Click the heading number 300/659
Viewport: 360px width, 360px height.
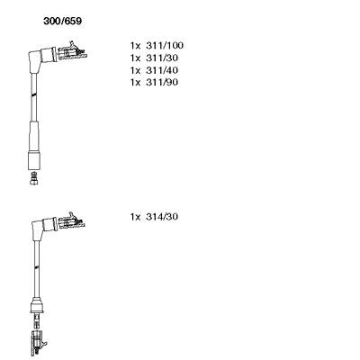tap(62, 22)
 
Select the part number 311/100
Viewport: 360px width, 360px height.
tap(165, 46)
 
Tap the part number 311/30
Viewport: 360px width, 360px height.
tap(162, 58)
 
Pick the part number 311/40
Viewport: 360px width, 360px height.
tap(162, 70)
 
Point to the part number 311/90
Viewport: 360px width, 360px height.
tap(162, 82)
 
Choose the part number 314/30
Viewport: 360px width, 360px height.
tap(162, 217)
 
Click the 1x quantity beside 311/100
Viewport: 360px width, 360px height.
tap(135, 46)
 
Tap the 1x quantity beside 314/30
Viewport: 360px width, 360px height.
tap(135, 217)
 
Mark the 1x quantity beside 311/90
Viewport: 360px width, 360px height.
tap(135, 82)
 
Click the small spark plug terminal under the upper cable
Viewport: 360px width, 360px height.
tap(34, 178)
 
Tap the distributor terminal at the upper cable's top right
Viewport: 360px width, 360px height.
tap(73, 51)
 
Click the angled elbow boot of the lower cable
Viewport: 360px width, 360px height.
tap(42, 227)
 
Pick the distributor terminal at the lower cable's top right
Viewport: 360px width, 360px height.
tap(72, 222)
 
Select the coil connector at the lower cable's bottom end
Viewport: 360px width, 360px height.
tap(38, 343)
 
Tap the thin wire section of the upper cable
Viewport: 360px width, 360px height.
tap(34, 96)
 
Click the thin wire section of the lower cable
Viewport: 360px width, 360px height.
tap(37, 269)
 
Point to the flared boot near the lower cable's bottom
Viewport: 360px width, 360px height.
tap(37, 305)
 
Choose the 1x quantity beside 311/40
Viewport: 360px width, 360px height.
tap(135, 70)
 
